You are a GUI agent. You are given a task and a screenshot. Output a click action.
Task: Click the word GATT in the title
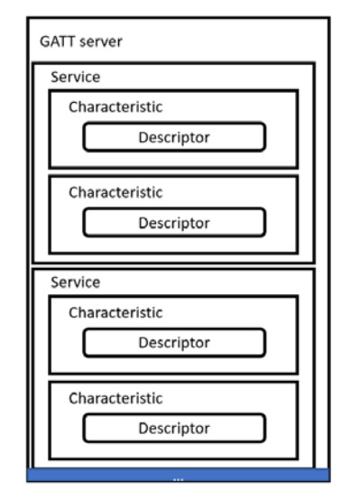pyautogui.click(x=52, y=42)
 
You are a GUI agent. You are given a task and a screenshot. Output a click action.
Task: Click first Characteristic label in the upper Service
pyautogui.click(x=115, y=106)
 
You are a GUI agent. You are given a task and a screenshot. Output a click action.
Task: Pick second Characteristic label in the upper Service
pyautogui.click(x=115, y=192)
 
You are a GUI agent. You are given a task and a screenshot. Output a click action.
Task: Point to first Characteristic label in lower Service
pyautogui.click(x=115, y=312)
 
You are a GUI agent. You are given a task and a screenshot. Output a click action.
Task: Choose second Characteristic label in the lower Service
pyautogui.click(x=115, y=397)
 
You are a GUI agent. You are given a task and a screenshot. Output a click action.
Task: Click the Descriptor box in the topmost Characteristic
pyautogui.click(x=174, y=136)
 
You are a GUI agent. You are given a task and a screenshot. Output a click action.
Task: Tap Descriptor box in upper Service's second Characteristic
pyautogui.click(x=174, y=222)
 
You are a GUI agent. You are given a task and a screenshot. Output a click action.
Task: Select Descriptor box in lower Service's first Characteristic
pyautogui.click(x=174, y=342)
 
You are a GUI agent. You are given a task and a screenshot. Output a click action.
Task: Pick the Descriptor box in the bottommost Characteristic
pyautogui.click(x=174, y=427)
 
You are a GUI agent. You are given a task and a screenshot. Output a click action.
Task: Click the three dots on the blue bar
pyautogui.click(x=179, y=477)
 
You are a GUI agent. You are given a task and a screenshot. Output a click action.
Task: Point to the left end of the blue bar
pyautogui.click(x=30, y=475)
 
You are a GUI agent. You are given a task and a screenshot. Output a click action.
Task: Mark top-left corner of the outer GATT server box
pyautogui.click(x=27, y=17)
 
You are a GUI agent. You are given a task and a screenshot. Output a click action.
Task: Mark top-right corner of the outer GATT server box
pyautogui.click(x=329, y=17)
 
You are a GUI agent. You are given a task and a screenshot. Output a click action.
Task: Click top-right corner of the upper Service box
pyautogui.click(x=314, y=63)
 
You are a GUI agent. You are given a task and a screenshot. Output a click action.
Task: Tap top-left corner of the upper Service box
pyautogui.click(x=33, y=63)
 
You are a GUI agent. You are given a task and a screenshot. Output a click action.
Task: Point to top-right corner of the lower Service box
pyautogui.click(x=314, y=269)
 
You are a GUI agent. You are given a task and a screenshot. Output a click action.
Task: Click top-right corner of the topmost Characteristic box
pyautogui.click(x=297, y=90)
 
